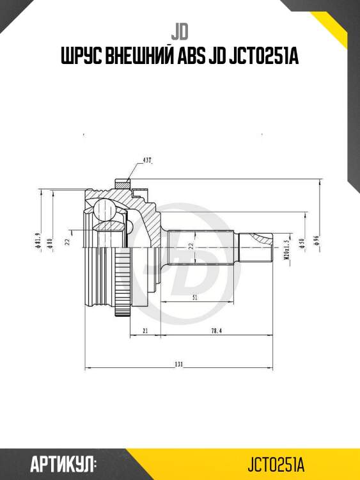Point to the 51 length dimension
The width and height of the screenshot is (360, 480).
pyautogui.click(x=193, y=298)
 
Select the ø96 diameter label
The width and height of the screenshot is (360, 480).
pyautogui.click(x=316, y=242)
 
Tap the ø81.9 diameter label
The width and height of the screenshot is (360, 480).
pyautogui.click(x=39, y=242)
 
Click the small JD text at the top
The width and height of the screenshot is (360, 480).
pyautogui.click(x=180, y=31)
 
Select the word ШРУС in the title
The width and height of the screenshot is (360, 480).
pyautogui.click(x=79, y=57)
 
